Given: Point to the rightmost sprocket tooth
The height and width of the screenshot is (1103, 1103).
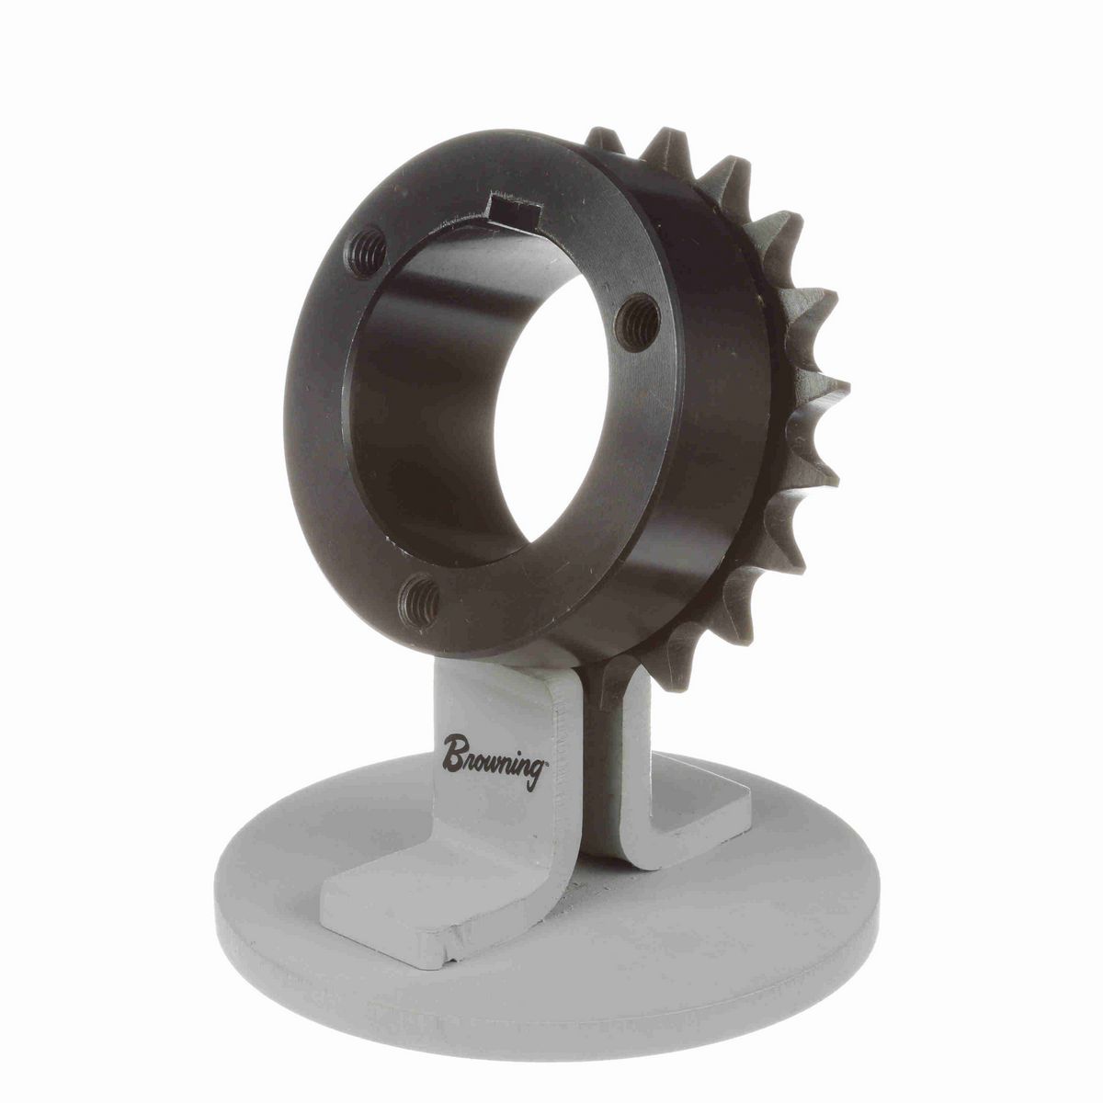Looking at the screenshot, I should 832,391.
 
